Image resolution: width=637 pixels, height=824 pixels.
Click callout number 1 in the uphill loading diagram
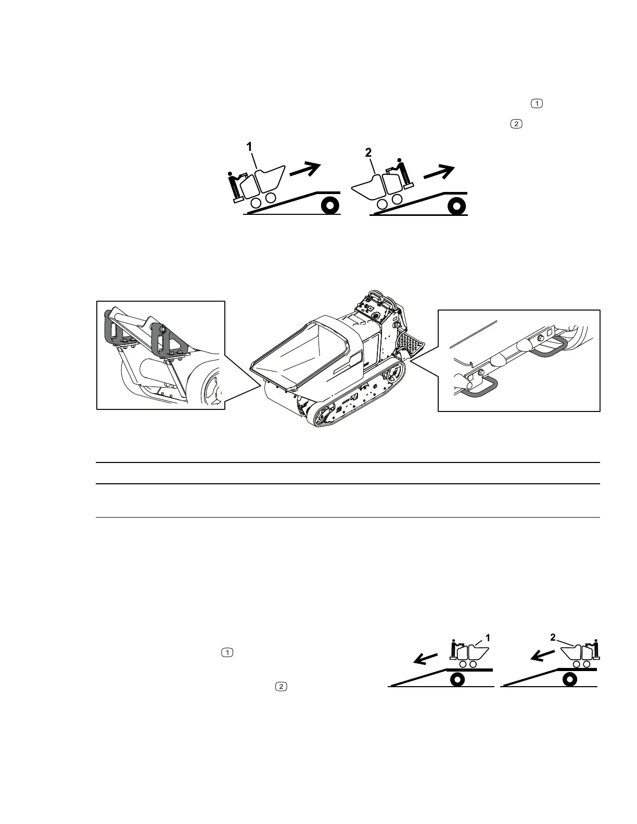pos(250,148)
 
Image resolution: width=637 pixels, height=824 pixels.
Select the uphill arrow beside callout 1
pos(305,170)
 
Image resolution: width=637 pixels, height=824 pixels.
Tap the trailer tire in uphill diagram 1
pos(329,206)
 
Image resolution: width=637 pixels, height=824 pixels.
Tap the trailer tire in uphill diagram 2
pos(456,206)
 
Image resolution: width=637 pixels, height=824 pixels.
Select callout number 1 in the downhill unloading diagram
pos(488,637)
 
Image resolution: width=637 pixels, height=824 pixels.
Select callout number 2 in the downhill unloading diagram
pos(553,637)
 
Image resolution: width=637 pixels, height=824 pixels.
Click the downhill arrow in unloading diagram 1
pos(425,659)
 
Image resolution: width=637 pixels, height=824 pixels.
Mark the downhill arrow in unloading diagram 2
pos(542,656)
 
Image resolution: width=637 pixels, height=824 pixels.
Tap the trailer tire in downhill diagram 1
pos(457,679)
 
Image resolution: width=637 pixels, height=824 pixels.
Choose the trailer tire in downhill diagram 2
pos(570,679)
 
